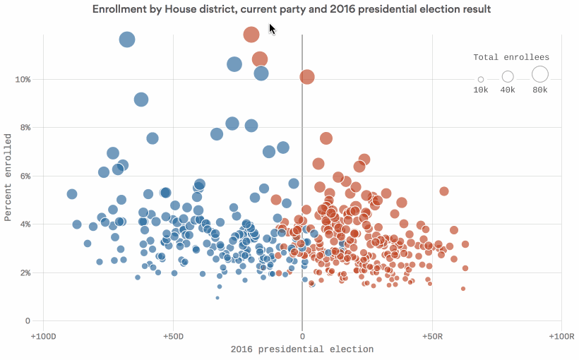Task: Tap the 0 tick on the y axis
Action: coord(28,321)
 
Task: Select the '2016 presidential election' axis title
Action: coord(302,349)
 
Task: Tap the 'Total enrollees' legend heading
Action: coord(511,57)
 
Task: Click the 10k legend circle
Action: coord(481,79)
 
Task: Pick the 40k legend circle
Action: coord(508,76)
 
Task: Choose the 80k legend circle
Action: coord(540,73)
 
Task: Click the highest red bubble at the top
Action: coord(251,35)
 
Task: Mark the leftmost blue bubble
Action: coord(72,194)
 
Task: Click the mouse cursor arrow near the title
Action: coord(273,28)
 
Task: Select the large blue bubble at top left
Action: coord(127,40)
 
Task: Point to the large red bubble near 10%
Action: coord(307,77)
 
